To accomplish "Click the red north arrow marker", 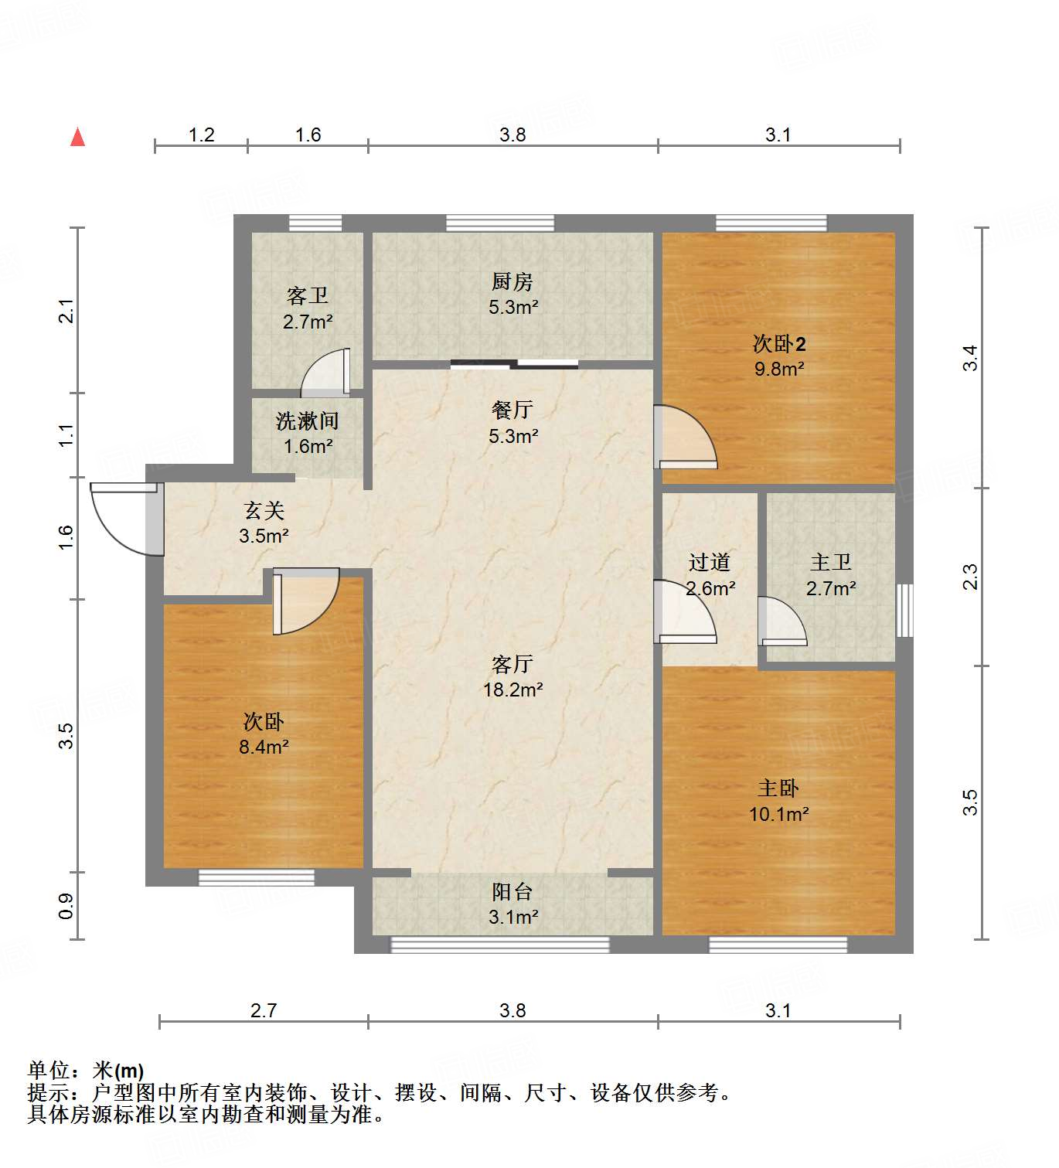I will tap(77, 138).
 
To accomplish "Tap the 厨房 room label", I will tap(512, 282).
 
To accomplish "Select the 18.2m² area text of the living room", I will tap(512, 690).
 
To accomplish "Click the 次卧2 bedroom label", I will tap(779, 344).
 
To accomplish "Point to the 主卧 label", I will tap(778, 788).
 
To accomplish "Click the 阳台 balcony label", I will tap(512, 892).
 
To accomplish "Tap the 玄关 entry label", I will tap(264, 510).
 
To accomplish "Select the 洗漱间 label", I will tap(308, 421).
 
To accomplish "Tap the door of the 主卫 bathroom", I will tap(781, 622).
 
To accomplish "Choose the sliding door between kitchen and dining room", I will tap(515, 363).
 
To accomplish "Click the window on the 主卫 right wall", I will tap(904, 610).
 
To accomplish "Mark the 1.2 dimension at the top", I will tap(201, 135).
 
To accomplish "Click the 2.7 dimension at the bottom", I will tap(264, 1010).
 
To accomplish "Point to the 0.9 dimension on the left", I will tap(66, 906).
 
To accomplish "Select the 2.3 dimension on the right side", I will tap(970, 577).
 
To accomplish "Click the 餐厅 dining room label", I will tap(512, 410).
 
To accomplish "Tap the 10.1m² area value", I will tap(778, 814).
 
